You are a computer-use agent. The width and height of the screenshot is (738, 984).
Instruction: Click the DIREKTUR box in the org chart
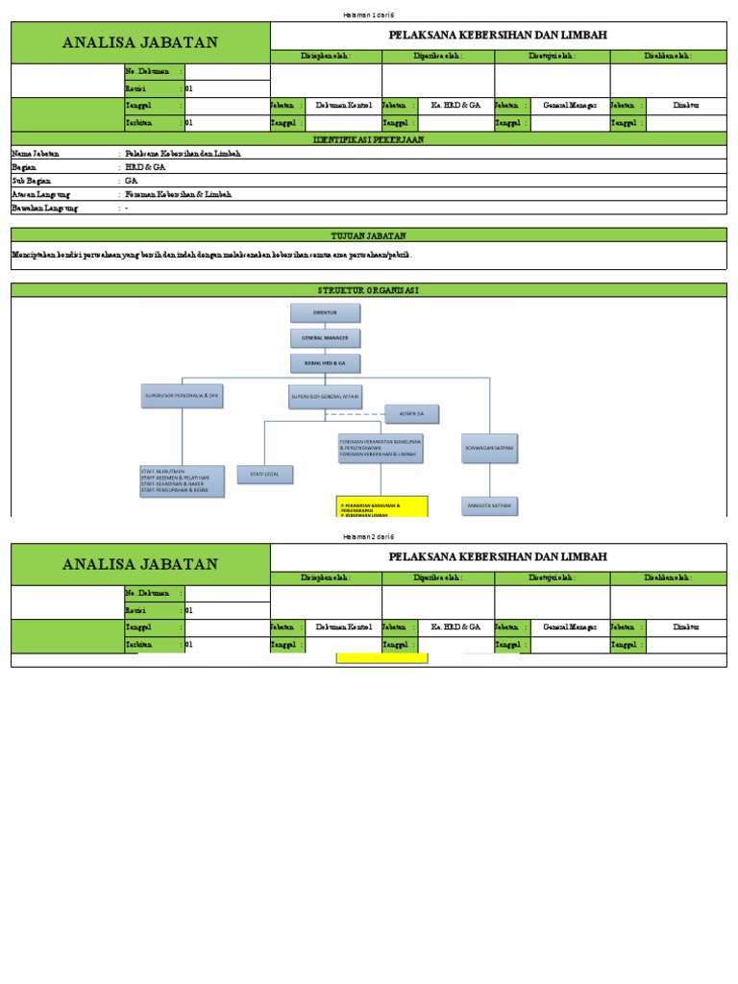click(x=325, y=312)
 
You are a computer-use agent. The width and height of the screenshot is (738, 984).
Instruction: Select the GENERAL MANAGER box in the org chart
click(x=325, y=337)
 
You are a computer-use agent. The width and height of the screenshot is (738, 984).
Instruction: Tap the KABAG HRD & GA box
click(x=325, y=362)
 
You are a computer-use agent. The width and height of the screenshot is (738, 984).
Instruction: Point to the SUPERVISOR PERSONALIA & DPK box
click(x=182, y=396)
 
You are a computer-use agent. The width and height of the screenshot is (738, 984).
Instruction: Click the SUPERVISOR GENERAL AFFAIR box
click(x=325, y=396)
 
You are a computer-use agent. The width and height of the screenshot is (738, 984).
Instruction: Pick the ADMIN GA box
click(x=411, y=414)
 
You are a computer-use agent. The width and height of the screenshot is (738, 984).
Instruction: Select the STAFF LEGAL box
click(x=264, y=474)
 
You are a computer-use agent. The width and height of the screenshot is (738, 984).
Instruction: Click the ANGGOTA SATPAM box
click(x=490, y=504)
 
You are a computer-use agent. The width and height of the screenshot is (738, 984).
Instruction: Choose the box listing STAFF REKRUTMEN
click(x=182, y=481)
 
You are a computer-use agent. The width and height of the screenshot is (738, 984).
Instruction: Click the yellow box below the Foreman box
click(x=381, y=506)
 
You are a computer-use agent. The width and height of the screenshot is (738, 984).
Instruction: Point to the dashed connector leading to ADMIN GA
click(x=356, y=414)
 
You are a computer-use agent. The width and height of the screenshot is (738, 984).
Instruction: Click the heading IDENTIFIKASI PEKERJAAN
click(x=368, y=139)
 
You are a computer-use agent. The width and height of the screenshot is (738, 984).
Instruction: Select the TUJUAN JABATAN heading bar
click(x=368, y=234)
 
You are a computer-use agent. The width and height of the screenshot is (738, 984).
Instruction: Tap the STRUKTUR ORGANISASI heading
click(x=368, y=289)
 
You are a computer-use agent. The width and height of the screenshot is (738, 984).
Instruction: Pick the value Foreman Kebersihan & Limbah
click(x=178, y=194)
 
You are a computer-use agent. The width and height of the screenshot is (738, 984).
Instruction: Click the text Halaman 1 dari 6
click(x=369, y=15)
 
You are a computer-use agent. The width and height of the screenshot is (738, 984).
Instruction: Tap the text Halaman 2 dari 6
click(x=369, y=536)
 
